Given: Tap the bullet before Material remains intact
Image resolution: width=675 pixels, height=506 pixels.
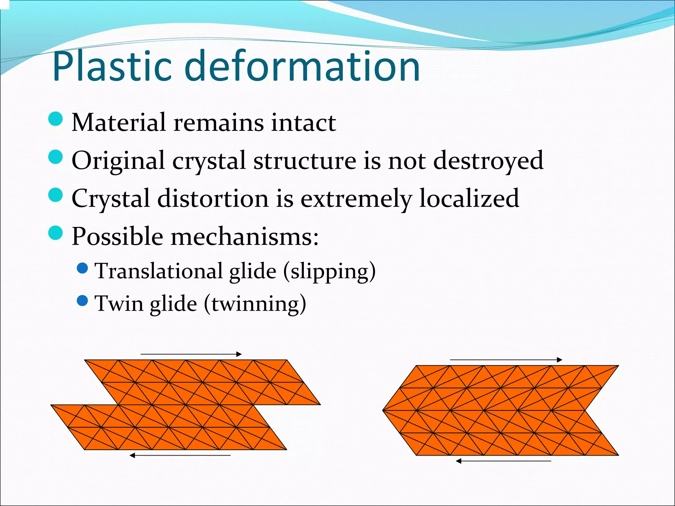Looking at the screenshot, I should [x=55, y=119].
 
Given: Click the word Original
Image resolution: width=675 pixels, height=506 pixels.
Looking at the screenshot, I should [x=118, y=161].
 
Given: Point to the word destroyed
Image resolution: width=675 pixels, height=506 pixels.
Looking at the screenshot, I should [x=488, y=161].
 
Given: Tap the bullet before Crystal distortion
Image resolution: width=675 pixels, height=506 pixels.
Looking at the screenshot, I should [x=55, y=195].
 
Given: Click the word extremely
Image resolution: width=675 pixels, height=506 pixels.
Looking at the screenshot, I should [x=356, y=199].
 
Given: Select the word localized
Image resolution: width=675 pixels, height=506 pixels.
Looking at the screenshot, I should [x=469, y=198].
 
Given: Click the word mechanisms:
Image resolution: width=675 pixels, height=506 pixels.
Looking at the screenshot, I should [x=245, y=237].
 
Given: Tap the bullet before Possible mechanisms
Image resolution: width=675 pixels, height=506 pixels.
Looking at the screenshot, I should [x=55, y=233].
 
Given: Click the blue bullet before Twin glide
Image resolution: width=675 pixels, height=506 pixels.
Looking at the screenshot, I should [x=82, y=300].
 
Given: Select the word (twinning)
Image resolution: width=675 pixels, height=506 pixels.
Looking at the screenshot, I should [x=255, y=304].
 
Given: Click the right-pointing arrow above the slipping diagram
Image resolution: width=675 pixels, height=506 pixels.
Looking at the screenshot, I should [x=191, y=354].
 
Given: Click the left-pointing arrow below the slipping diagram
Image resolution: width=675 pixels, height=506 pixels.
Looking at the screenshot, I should [x=180, y=455].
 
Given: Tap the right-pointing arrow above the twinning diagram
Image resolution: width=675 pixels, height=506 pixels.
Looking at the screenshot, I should [x=506, y=360].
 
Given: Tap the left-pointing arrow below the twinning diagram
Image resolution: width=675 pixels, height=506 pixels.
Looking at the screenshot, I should [x=503, y=461].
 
